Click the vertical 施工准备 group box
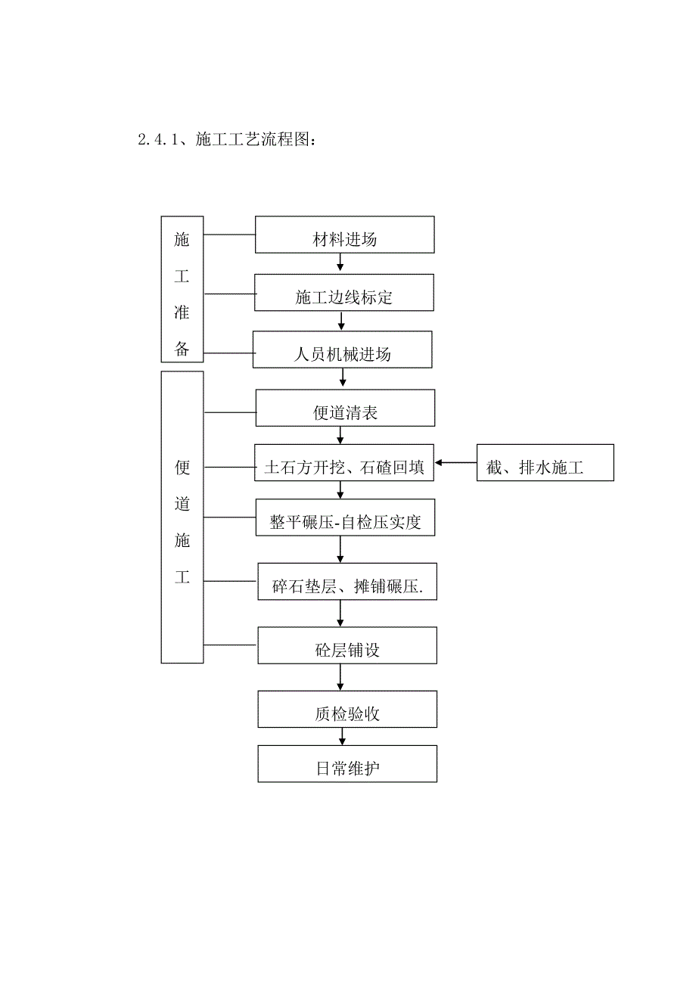click(x=182, y=289)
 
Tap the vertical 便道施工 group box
click(x=182, y=517)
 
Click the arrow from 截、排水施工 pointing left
click(x=455, y=462)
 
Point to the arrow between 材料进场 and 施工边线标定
click(x=340, y=263)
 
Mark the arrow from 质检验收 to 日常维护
click(x=343, y=736)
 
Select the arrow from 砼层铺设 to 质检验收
click(x=343, y=677)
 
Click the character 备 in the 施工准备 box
click(x=182, y=349)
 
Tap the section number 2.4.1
click(x=157, y=140)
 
